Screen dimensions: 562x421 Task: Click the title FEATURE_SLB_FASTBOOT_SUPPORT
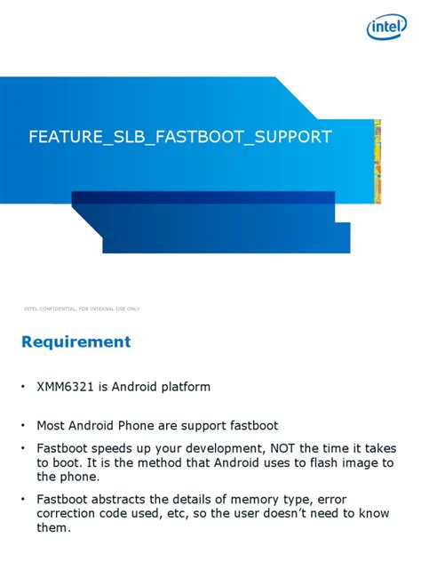pos(180,137)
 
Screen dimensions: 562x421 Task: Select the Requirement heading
pos(76,342)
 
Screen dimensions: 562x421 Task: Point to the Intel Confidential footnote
pos(82,309)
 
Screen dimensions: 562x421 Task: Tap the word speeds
pos(119,448)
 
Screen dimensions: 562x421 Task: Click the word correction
pos(70,513)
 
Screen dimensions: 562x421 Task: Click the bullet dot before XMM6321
pos(24,388)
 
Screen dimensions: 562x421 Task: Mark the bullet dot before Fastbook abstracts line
pos(24,499)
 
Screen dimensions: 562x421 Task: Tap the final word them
pos(52,527)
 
